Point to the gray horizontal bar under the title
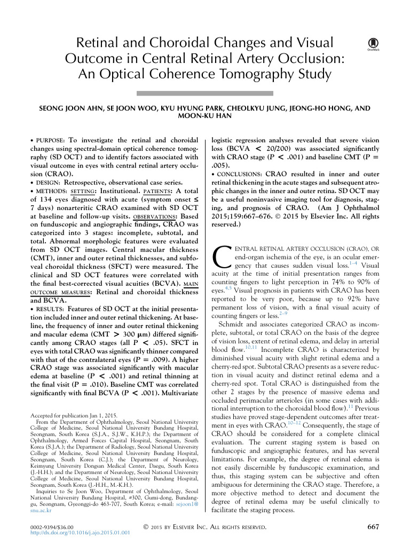pos(204,93)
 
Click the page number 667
pos(374,527)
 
